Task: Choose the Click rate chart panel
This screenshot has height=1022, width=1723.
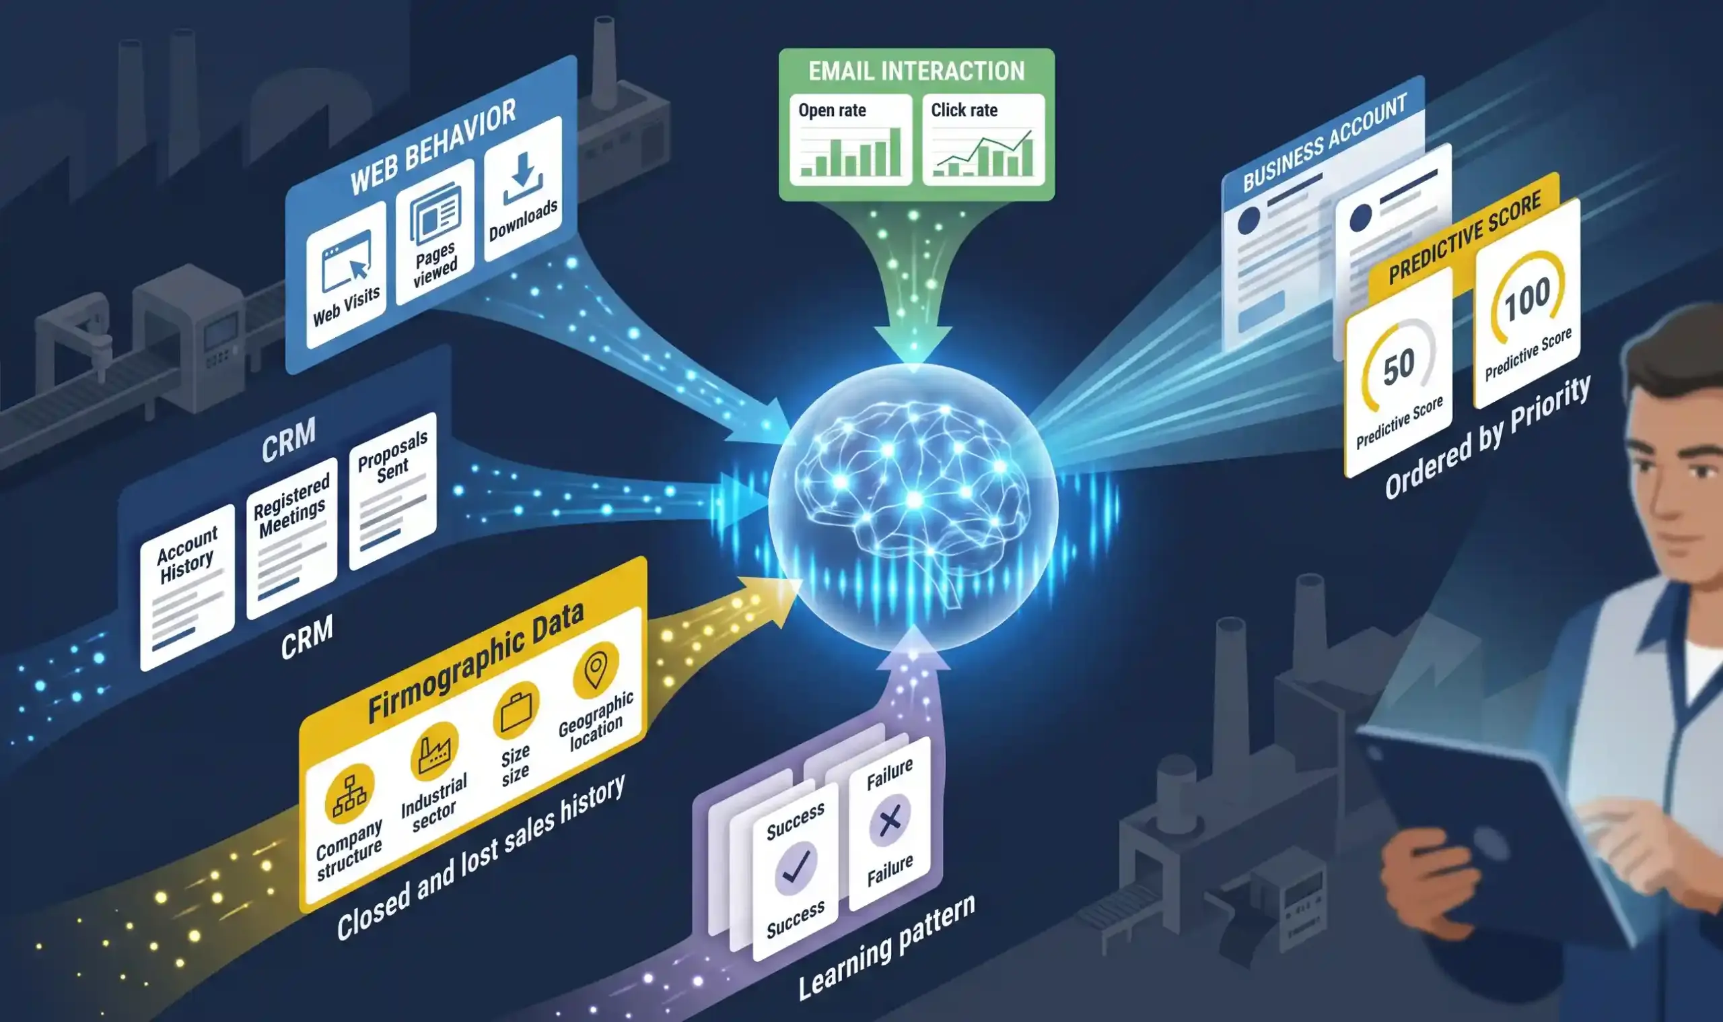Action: click(983, 140)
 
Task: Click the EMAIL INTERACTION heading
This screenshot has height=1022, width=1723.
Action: click(916, 71)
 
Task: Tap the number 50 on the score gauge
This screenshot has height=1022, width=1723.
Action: click(1399, 367)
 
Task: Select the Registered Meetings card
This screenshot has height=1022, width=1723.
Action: click(292, 538)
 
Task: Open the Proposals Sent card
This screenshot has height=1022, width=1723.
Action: click(392, 490)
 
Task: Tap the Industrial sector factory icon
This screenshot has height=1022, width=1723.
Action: click(434, 751)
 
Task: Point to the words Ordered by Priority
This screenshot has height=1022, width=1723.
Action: click(1487, 438)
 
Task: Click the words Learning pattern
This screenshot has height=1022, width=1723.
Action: click(886, 947)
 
